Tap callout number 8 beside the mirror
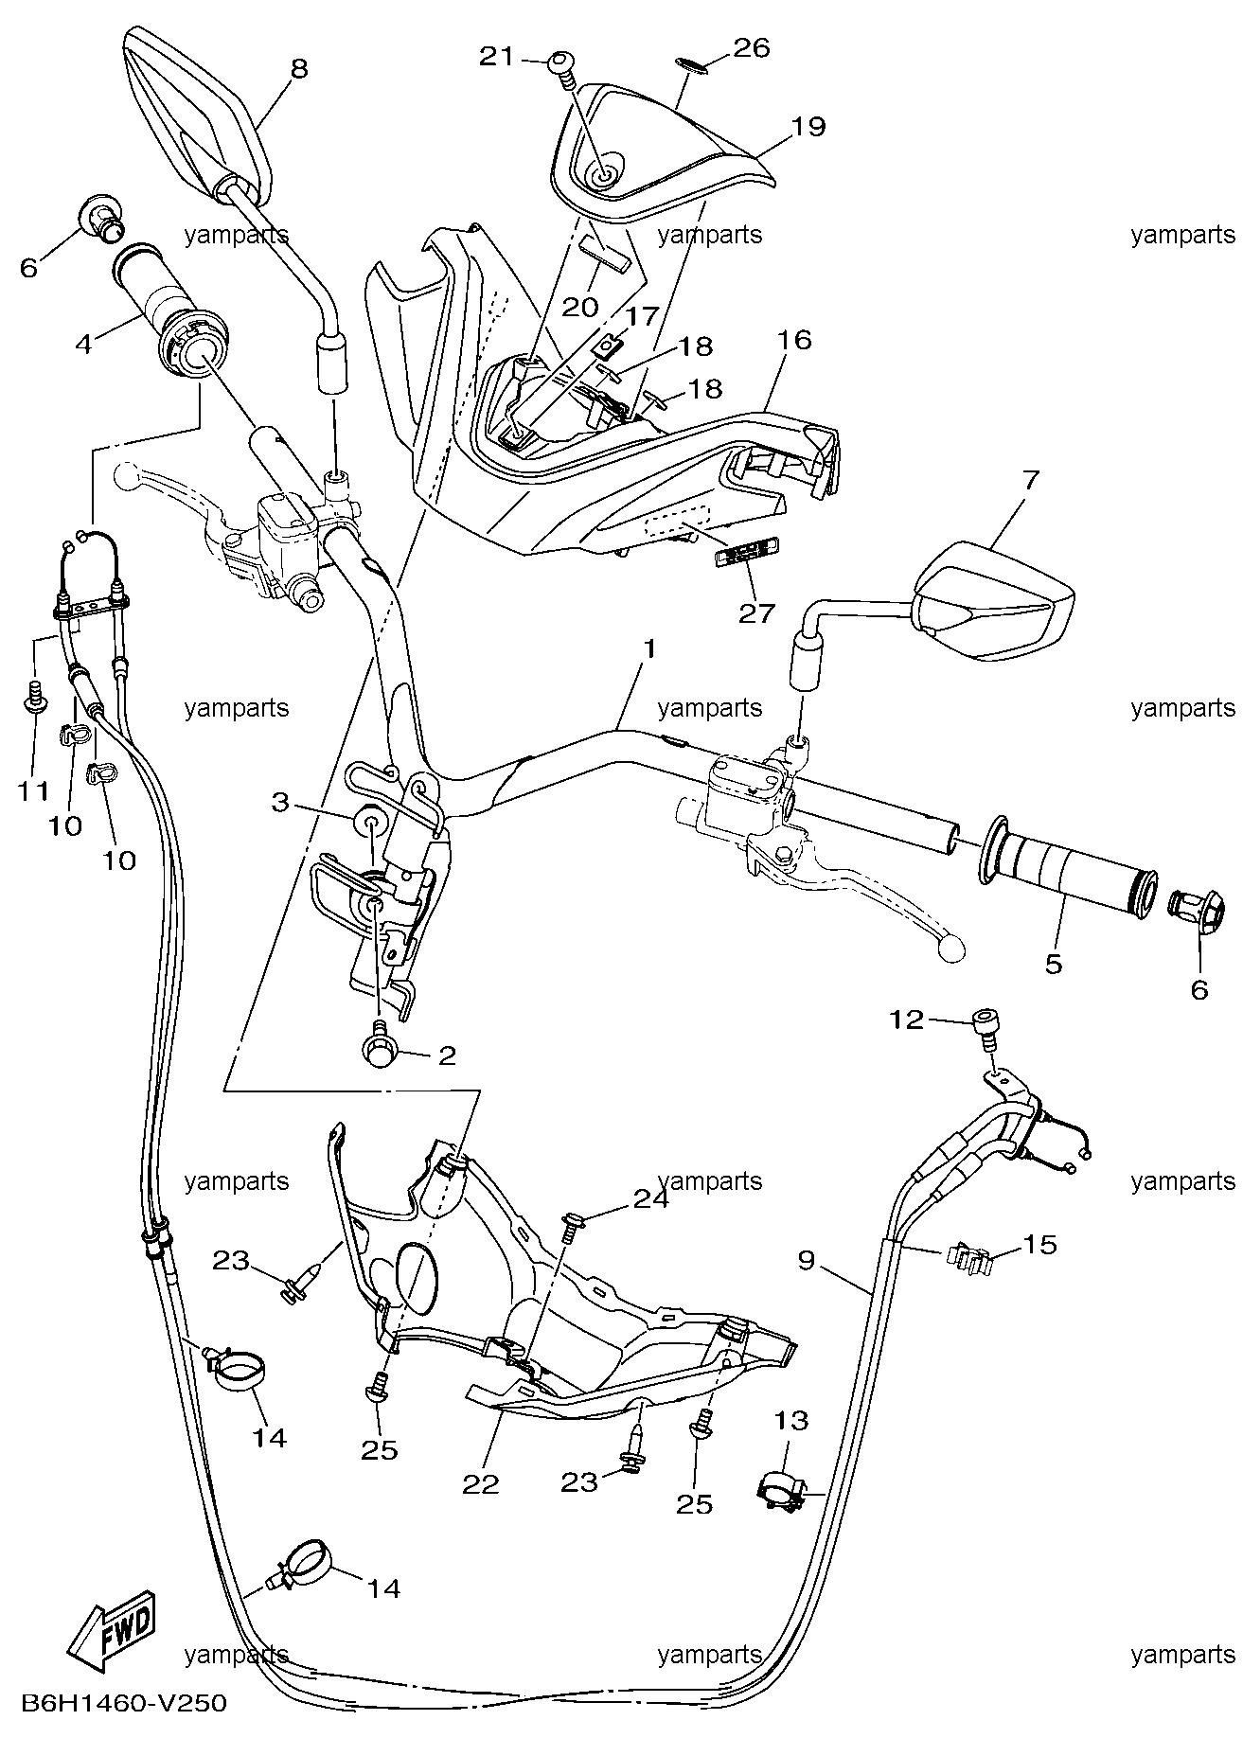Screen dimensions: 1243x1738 (299, 68)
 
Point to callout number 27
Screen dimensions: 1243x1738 (756, 613)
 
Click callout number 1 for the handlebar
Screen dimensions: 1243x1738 (648, 649)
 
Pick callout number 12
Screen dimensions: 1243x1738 (906, 1020)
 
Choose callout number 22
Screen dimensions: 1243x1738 (480, 1484)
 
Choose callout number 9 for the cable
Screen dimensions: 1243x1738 (807, 1261)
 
